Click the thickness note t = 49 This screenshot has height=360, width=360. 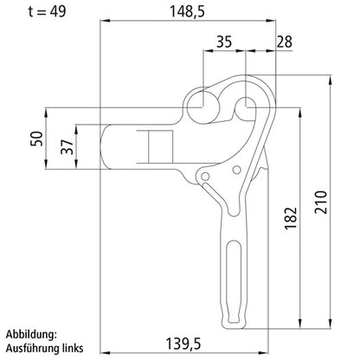(29, 12)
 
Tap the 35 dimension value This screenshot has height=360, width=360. (223, 41)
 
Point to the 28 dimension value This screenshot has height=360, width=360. (284, 41)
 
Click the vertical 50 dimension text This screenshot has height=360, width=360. (35, 140)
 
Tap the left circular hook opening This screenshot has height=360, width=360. (202, 105)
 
